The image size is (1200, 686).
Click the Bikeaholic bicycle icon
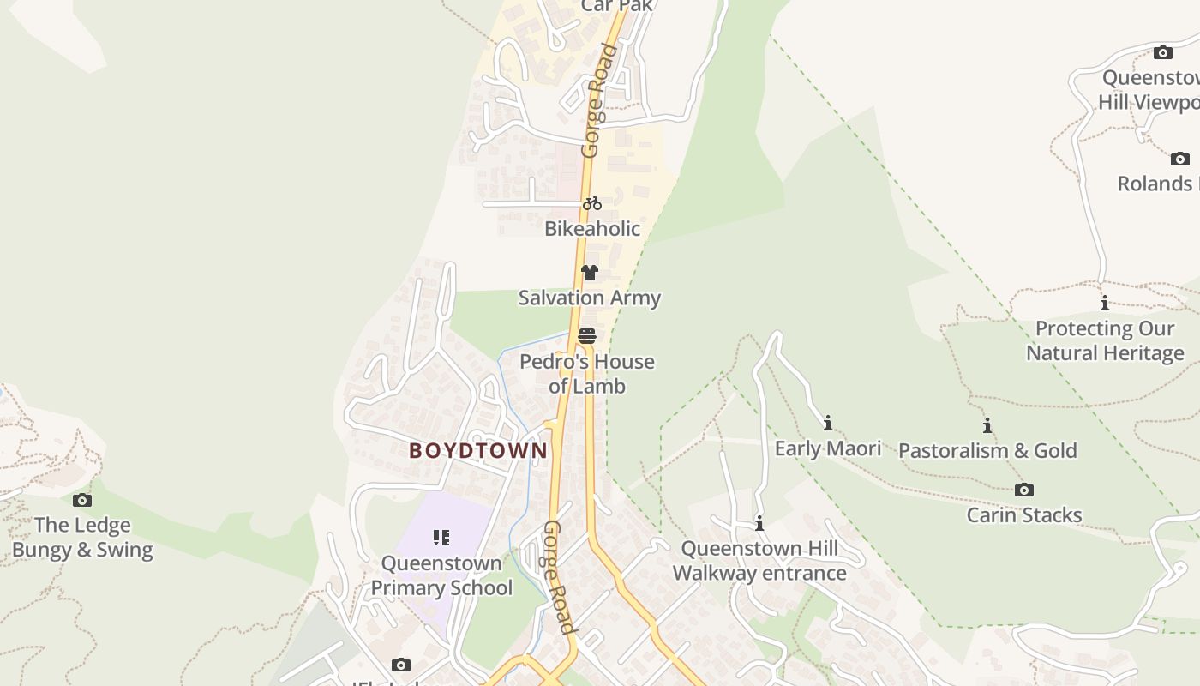click(592, 204)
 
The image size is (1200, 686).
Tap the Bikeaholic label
click(592, 228)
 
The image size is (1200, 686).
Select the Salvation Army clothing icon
click(589, 273)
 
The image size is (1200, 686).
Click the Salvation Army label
click(590, 298)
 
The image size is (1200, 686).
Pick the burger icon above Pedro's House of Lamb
click(587, 336)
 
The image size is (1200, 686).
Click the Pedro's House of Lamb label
click(587, 374)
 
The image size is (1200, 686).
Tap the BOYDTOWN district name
click(478, 450)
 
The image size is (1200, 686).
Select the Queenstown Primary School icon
click(441, 538)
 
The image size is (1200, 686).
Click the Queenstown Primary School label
click(441, 575)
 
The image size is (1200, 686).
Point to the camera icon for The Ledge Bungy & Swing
click(82, 500)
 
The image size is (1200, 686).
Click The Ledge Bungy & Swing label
click(82, 538)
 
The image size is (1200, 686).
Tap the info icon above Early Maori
click(828, 423)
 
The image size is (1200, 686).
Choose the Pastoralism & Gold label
click(987, 450)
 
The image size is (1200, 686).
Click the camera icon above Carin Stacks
click(1024, 490)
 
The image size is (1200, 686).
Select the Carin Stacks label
click(1024, 515)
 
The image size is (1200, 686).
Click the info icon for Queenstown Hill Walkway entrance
click(759, 523)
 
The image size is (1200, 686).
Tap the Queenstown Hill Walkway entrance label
click(759, 561)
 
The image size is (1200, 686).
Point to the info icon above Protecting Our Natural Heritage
click(1105, 303)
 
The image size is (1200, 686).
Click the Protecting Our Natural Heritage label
click(1105, 340)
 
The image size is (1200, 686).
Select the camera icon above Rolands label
click(1180, 159)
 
